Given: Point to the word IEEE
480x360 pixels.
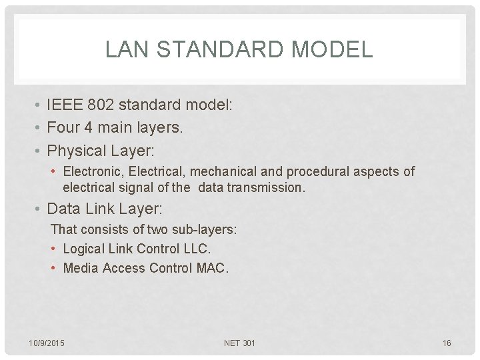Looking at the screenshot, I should (65, 105).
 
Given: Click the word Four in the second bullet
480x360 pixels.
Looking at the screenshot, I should (63, 127).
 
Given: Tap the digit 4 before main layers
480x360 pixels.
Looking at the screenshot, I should (88, 127).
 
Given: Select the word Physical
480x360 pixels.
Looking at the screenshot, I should (77, 150).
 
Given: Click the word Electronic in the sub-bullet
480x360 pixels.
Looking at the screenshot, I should (90, 172).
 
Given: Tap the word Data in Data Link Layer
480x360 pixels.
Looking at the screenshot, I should (63, 209).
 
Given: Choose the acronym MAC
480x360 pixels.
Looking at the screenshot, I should (213, 268).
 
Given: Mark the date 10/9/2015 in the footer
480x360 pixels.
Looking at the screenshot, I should (47, 343).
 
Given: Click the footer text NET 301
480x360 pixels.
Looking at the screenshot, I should (240, 343).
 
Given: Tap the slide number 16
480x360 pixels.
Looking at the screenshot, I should (447, 343).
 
